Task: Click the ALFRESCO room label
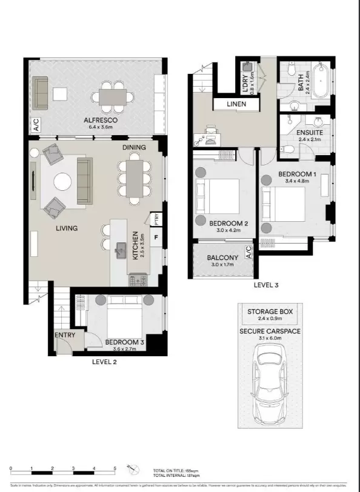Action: point(99,121)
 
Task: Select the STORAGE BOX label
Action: point(270,311)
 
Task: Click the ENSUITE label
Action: point(309,133)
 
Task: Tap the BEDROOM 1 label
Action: point(297,174)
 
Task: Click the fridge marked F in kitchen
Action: point(156,237)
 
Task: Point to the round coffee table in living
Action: point(63,182)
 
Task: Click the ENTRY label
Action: point(65,335)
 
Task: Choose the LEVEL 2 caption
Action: point(104,362)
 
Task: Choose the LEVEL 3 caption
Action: point(266,284)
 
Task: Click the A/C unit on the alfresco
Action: point(36,126)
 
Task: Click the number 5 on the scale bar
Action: point(115,469)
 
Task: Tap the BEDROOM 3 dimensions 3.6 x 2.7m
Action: point(124,350)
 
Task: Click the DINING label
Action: point(135,147)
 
